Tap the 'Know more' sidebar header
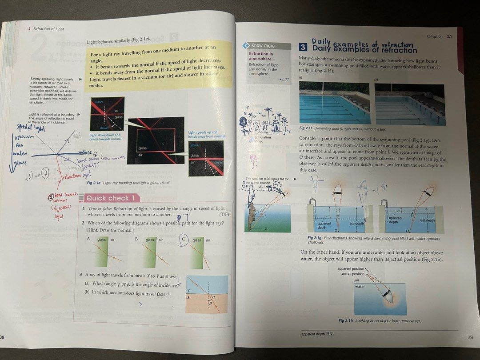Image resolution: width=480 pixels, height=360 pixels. point(263,45)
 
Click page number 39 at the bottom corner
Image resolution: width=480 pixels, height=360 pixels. point(470,337)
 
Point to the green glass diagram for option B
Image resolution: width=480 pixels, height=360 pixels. point(154,254)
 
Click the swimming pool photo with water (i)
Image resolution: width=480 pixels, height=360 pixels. point(334,103)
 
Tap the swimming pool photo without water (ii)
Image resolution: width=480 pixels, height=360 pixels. point(410,104)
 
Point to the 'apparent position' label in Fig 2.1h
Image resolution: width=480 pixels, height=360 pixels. point(351,269)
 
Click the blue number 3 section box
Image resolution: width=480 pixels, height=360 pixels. point(303,47)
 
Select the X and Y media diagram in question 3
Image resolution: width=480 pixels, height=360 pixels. point(206,295)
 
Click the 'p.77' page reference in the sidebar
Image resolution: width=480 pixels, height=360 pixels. point(283,79)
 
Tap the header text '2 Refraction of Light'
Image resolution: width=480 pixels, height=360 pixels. point(46,29)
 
